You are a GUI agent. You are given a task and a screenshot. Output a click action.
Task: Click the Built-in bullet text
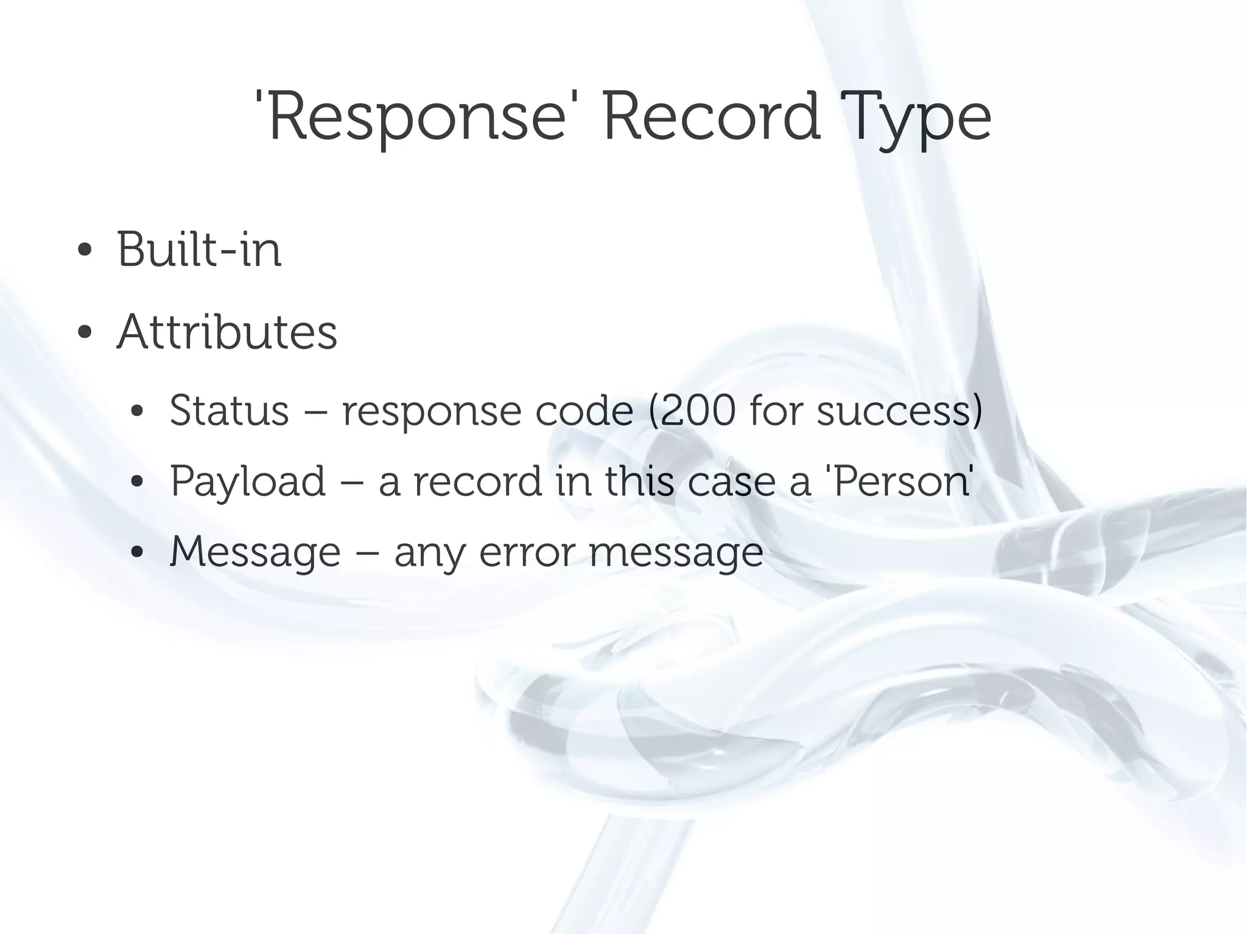199,249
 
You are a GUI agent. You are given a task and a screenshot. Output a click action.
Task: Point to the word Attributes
227,332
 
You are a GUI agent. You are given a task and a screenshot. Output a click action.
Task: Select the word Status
229,411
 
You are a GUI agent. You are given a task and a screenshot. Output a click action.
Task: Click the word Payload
248,482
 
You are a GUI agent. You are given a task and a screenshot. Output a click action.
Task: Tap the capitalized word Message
255,552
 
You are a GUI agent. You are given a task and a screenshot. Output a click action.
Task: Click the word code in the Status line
584,411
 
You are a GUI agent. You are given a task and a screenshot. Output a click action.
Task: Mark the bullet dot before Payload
137,482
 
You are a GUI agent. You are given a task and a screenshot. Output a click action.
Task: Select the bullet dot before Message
137,552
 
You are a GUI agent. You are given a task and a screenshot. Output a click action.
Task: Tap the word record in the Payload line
477,481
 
